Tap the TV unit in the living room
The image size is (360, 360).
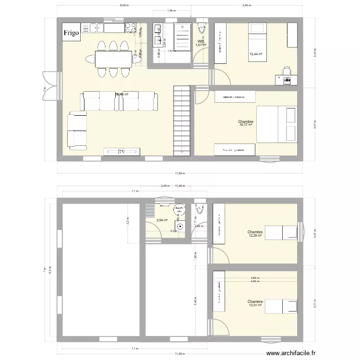coord(122,152)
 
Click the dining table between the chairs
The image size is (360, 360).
coord(113,59)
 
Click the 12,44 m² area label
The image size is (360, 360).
coord(255,54)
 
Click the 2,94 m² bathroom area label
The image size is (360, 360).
coord(162,220)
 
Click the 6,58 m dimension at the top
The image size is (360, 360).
coord(124,6)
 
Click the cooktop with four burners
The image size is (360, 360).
coord(130,28)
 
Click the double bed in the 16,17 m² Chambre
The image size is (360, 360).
coord(276,124)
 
